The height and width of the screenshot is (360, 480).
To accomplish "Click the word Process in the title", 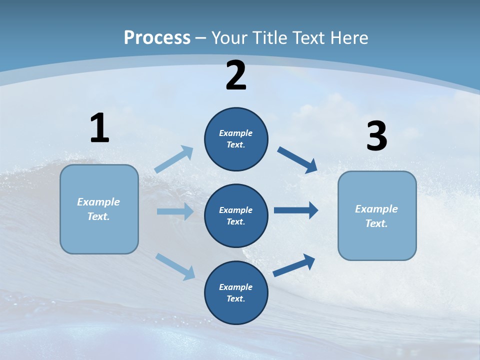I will (157, 38).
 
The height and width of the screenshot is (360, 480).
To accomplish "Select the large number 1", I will (99, 128).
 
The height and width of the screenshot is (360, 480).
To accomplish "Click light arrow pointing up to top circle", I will (174, 159).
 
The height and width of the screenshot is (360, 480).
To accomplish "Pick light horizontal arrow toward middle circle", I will (175, 211).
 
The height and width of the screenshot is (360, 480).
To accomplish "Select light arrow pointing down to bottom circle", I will (175, 266).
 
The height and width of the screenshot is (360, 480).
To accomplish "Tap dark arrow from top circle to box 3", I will (297, 159).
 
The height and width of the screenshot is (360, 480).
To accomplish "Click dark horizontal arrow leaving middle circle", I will (296, 210).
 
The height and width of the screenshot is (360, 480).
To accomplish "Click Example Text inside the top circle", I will (236, 138).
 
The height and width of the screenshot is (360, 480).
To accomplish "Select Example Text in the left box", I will (98, 209).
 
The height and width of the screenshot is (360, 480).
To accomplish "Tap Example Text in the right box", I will (376, 216).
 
